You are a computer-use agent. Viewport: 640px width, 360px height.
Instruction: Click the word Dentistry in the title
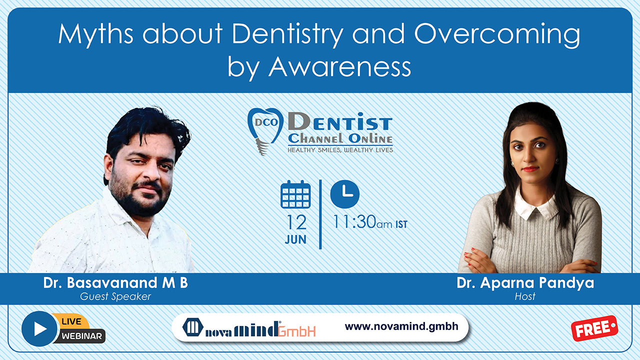(287, 34)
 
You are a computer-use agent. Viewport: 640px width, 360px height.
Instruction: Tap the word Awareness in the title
(339, 67)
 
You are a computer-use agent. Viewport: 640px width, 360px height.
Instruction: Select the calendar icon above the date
(295, 194)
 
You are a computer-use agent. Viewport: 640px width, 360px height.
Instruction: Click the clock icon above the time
(345, 194)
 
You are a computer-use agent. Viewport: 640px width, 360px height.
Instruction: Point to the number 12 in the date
(296, 222)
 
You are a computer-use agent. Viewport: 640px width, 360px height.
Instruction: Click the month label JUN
(295, 239)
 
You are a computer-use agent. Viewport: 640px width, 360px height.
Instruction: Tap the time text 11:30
(354, 221)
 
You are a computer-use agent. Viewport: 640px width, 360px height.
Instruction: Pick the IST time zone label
(401, 224)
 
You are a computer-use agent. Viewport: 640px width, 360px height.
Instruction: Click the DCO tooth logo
(265, 131)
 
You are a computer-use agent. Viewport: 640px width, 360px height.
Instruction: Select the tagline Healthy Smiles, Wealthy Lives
(340, 150)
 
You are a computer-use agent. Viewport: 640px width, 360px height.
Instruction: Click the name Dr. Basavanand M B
(115, 283)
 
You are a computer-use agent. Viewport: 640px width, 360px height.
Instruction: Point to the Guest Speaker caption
(115, 296)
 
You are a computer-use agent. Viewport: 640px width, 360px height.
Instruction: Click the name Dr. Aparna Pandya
(525, 283)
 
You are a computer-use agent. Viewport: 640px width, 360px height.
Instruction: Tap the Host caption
(525, 296)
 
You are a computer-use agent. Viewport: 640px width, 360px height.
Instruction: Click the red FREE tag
(594, 328)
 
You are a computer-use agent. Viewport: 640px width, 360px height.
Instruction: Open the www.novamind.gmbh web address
(401, 326)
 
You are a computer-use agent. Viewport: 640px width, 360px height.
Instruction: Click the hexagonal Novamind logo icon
(193, 327)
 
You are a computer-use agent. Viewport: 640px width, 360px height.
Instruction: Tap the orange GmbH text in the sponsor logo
(297, 331)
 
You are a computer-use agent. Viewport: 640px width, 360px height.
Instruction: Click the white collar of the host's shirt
(534, 206)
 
